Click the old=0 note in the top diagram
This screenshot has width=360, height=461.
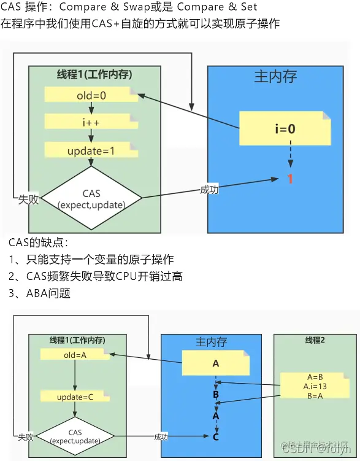91,95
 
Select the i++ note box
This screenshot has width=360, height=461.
91,122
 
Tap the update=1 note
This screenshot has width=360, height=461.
91,150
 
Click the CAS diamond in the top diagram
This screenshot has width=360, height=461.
91,198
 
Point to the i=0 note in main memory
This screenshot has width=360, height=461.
284,129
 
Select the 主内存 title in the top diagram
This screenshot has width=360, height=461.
275,76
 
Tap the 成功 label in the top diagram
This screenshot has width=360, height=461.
209,190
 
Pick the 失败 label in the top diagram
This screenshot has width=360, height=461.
28,200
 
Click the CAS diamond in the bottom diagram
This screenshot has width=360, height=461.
75,436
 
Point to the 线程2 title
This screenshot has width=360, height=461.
314,340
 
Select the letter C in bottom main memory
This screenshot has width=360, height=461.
216,437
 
